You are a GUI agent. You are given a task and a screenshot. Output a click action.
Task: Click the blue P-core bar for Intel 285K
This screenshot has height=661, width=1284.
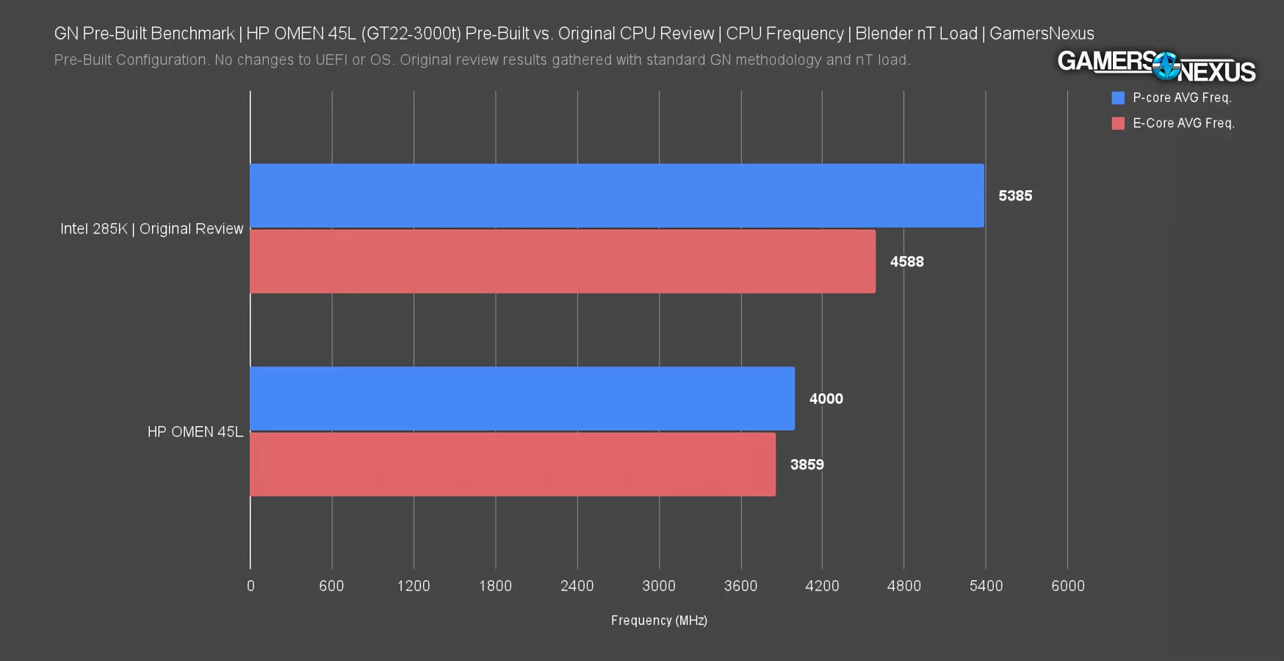(x=617, y=195)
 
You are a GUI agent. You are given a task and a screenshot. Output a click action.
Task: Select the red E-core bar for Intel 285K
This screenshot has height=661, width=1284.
(x=563, y=261)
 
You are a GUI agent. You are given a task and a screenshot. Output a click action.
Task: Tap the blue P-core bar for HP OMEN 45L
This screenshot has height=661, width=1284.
(x=522, y=399)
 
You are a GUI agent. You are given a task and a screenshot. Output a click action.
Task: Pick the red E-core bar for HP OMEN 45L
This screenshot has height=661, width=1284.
(x=513, y=464)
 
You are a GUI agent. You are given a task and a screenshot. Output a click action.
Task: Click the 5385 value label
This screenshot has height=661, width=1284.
(x=1015, y=196)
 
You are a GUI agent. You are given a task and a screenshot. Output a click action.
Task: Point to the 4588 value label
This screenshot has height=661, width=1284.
(x=906, y=262)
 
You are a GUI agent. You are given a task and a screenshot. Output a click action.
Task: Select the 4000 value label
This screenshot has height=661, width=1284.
(x=826, y=399)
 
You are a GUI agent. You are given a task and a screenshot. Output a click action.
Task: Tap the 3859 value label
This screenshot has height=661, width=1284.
(x=807, y=465)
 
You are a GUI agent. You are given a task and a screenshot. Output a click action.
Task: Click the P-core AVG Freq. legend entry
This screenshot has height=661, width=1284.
(x=1172, y=98)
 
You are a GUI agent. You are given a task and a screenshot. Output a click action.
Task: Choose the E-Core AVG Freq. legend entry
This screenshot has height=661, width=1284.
(x=1174, y=123)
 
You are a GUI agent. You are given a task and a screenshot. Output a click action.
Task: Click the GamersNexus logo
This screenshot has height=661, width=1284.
(x=1156, y=67)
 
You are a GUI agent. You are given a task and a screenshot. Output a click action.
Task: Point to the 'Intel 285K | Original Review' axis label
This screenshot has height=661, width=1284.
(x=151, y=229)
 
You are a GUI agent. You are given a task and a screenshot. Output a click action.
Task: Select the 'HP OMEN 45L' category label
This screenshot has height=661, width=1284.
(x=195, y=432)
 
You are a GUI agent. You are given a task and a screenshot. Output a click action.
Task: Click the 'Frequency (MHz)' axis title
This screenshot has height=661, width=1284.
(x=659, y=621)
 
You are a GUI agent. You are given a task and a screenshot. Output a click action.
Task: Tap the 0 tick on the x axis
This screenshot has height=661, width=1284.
(x=250, y=586)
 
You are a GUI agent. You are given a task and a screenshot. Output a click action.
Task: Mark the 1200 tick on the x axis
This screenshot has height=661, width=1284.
(x=414, y=586)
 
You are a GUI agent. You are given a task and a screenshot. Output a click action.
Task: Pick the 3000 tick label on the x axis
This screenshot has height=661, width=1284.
(x=659, y=586)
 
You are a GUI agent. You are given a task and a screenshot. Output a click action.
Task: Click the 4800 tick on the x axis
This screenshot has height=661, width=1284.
(x=904, y=586)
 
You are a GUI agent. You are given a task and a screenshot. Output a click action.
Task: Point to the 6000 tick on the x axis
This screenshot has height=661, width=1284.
(x=1067, y=586)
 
